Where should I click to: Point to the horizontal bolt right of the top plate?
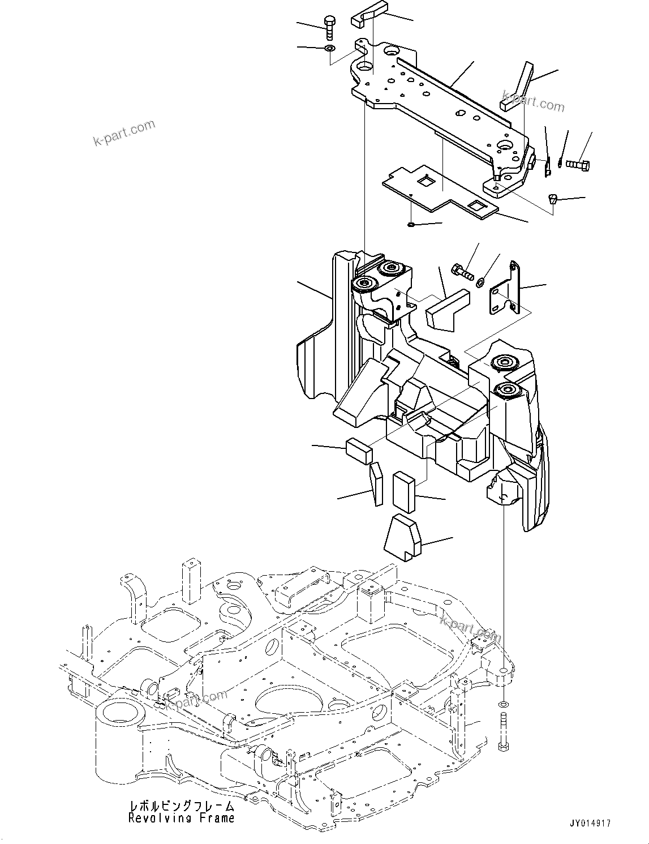(577, 165)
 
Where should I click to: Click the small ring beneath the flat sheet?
(411, 225)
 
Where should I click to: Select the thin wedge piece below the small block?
(376, 484)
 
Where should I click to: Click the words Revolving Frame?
(181, 818)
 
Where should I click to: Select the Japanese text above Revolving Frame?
(182, 807)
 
